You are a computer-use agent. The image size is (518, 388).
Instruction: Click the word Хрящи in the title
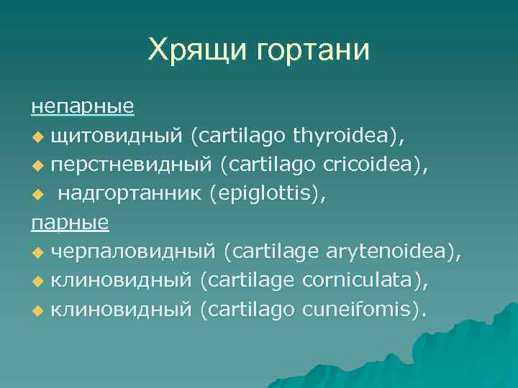[189, 50]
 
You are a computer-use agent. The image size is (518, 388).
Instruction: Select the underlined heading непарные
[82, 106]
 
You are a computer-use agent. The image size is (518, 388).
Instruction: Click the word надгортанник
[130, 193]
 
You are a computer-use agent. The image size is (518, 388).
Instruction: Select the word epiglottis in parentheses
[266, 193]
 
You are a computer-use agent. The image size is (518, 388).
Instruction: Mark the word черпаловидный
[133, 251]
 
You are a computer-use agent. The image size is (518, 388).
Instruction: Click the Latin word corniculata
[359, 280]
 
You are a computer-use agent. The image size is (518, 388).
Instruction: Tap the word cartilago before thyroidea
[241, 134]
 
